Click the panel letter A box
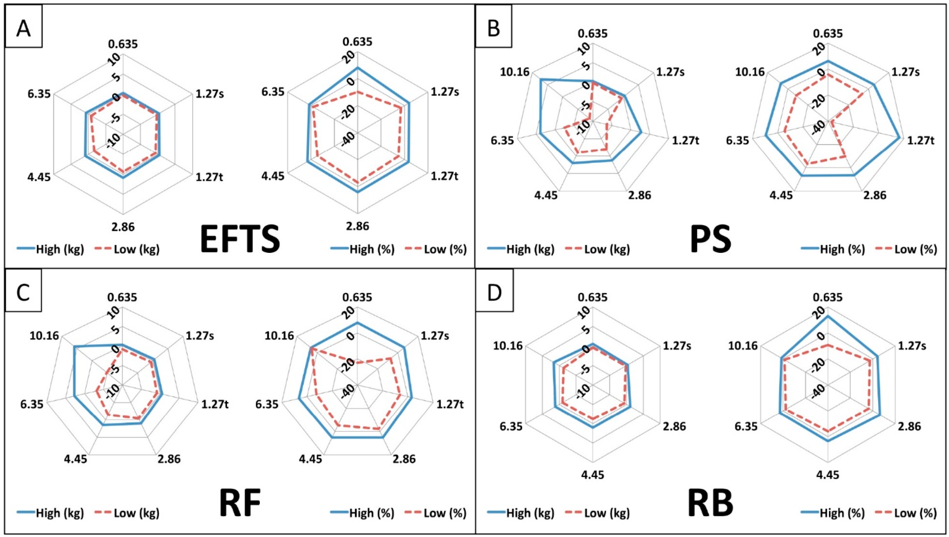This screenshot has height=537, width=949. pos(23,29)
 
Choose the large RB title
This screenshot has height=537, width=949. pos(711,504)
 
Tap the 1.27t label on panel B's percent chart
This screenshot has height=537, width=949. pos(920,141)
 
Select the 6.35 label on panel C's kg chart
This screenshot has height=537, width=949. pos(32,404)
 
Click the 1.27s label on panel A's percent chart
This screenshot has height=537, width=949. pos(445,92)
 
